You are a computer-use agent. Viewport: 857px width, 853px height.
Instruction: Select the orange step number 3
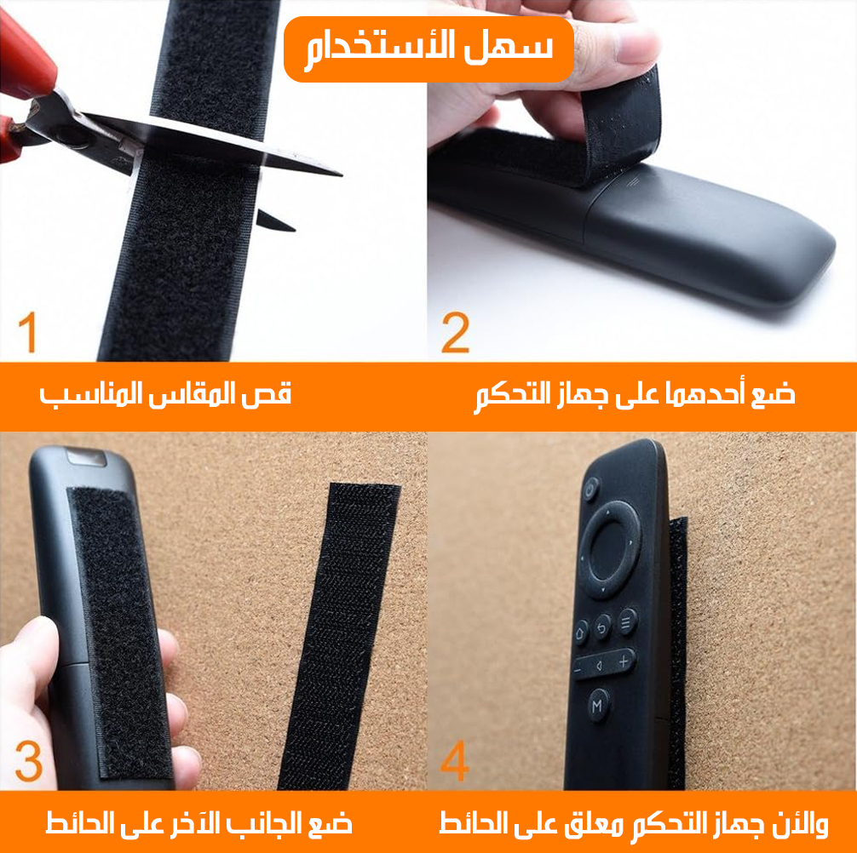[x=29, y=761]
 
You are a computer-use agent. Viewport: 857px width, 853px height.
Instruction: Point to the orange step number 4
[x=455, y=761]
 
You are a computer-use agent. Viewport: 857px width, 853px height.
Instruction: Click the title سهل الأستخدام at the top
[x=429, y=48]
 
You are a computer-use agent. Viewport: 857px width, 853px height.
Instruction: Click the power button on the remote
[x=590, y=489]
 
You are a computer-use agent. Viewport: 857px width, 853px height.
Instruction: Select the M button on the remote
[x=597, y=705]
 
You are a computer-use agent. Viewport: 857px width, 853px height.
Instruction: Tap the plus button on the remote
[x=624, y=661]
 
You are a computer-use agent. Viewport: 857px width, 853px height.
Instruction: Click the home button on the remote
[x=580, y=633]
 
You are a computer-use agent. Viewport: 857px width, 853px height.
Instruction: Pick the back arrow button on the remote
[x=602, y=628]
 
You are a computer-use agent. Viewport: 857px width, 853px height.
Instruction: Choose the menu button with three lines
[x=627, y=621]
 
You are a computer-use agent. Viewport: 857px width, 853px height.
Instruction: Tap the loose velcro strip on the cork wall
[x=339, y=636]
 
